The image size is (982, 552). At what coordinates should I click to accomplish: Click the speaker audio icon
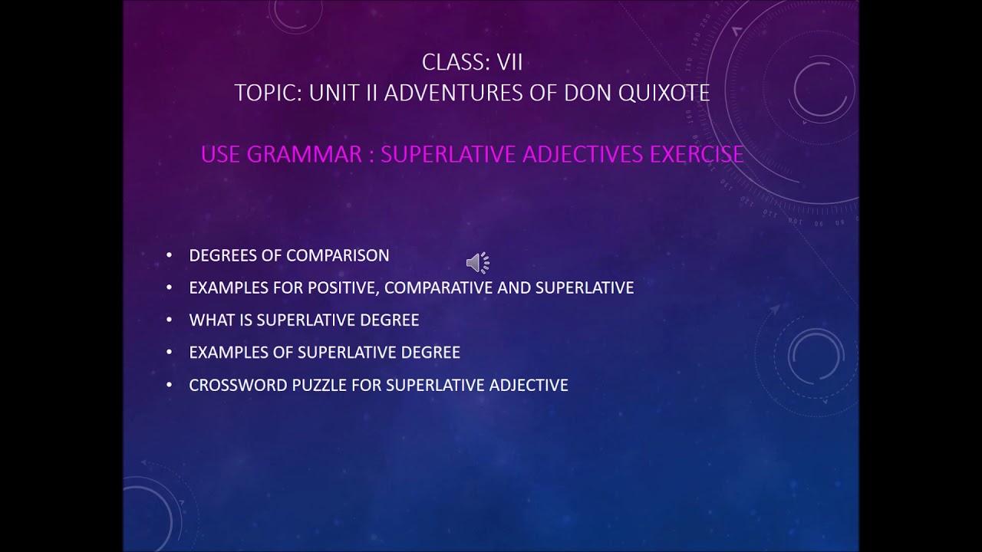click(x=477, y=263)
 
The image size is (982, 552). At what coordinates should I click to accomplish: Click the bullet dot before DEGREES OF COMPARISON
click(x=170, y=255)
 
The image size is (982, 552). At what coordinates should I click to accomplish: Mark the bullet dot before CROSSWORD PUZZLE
click(x=170, y=385)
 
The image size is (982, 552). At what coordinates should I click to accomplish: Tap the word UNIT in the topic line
click(x=334, y=93)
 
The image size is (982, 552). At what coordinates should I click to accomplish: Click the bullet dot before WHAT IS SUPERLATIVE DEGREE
click(x=170, y=320)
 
